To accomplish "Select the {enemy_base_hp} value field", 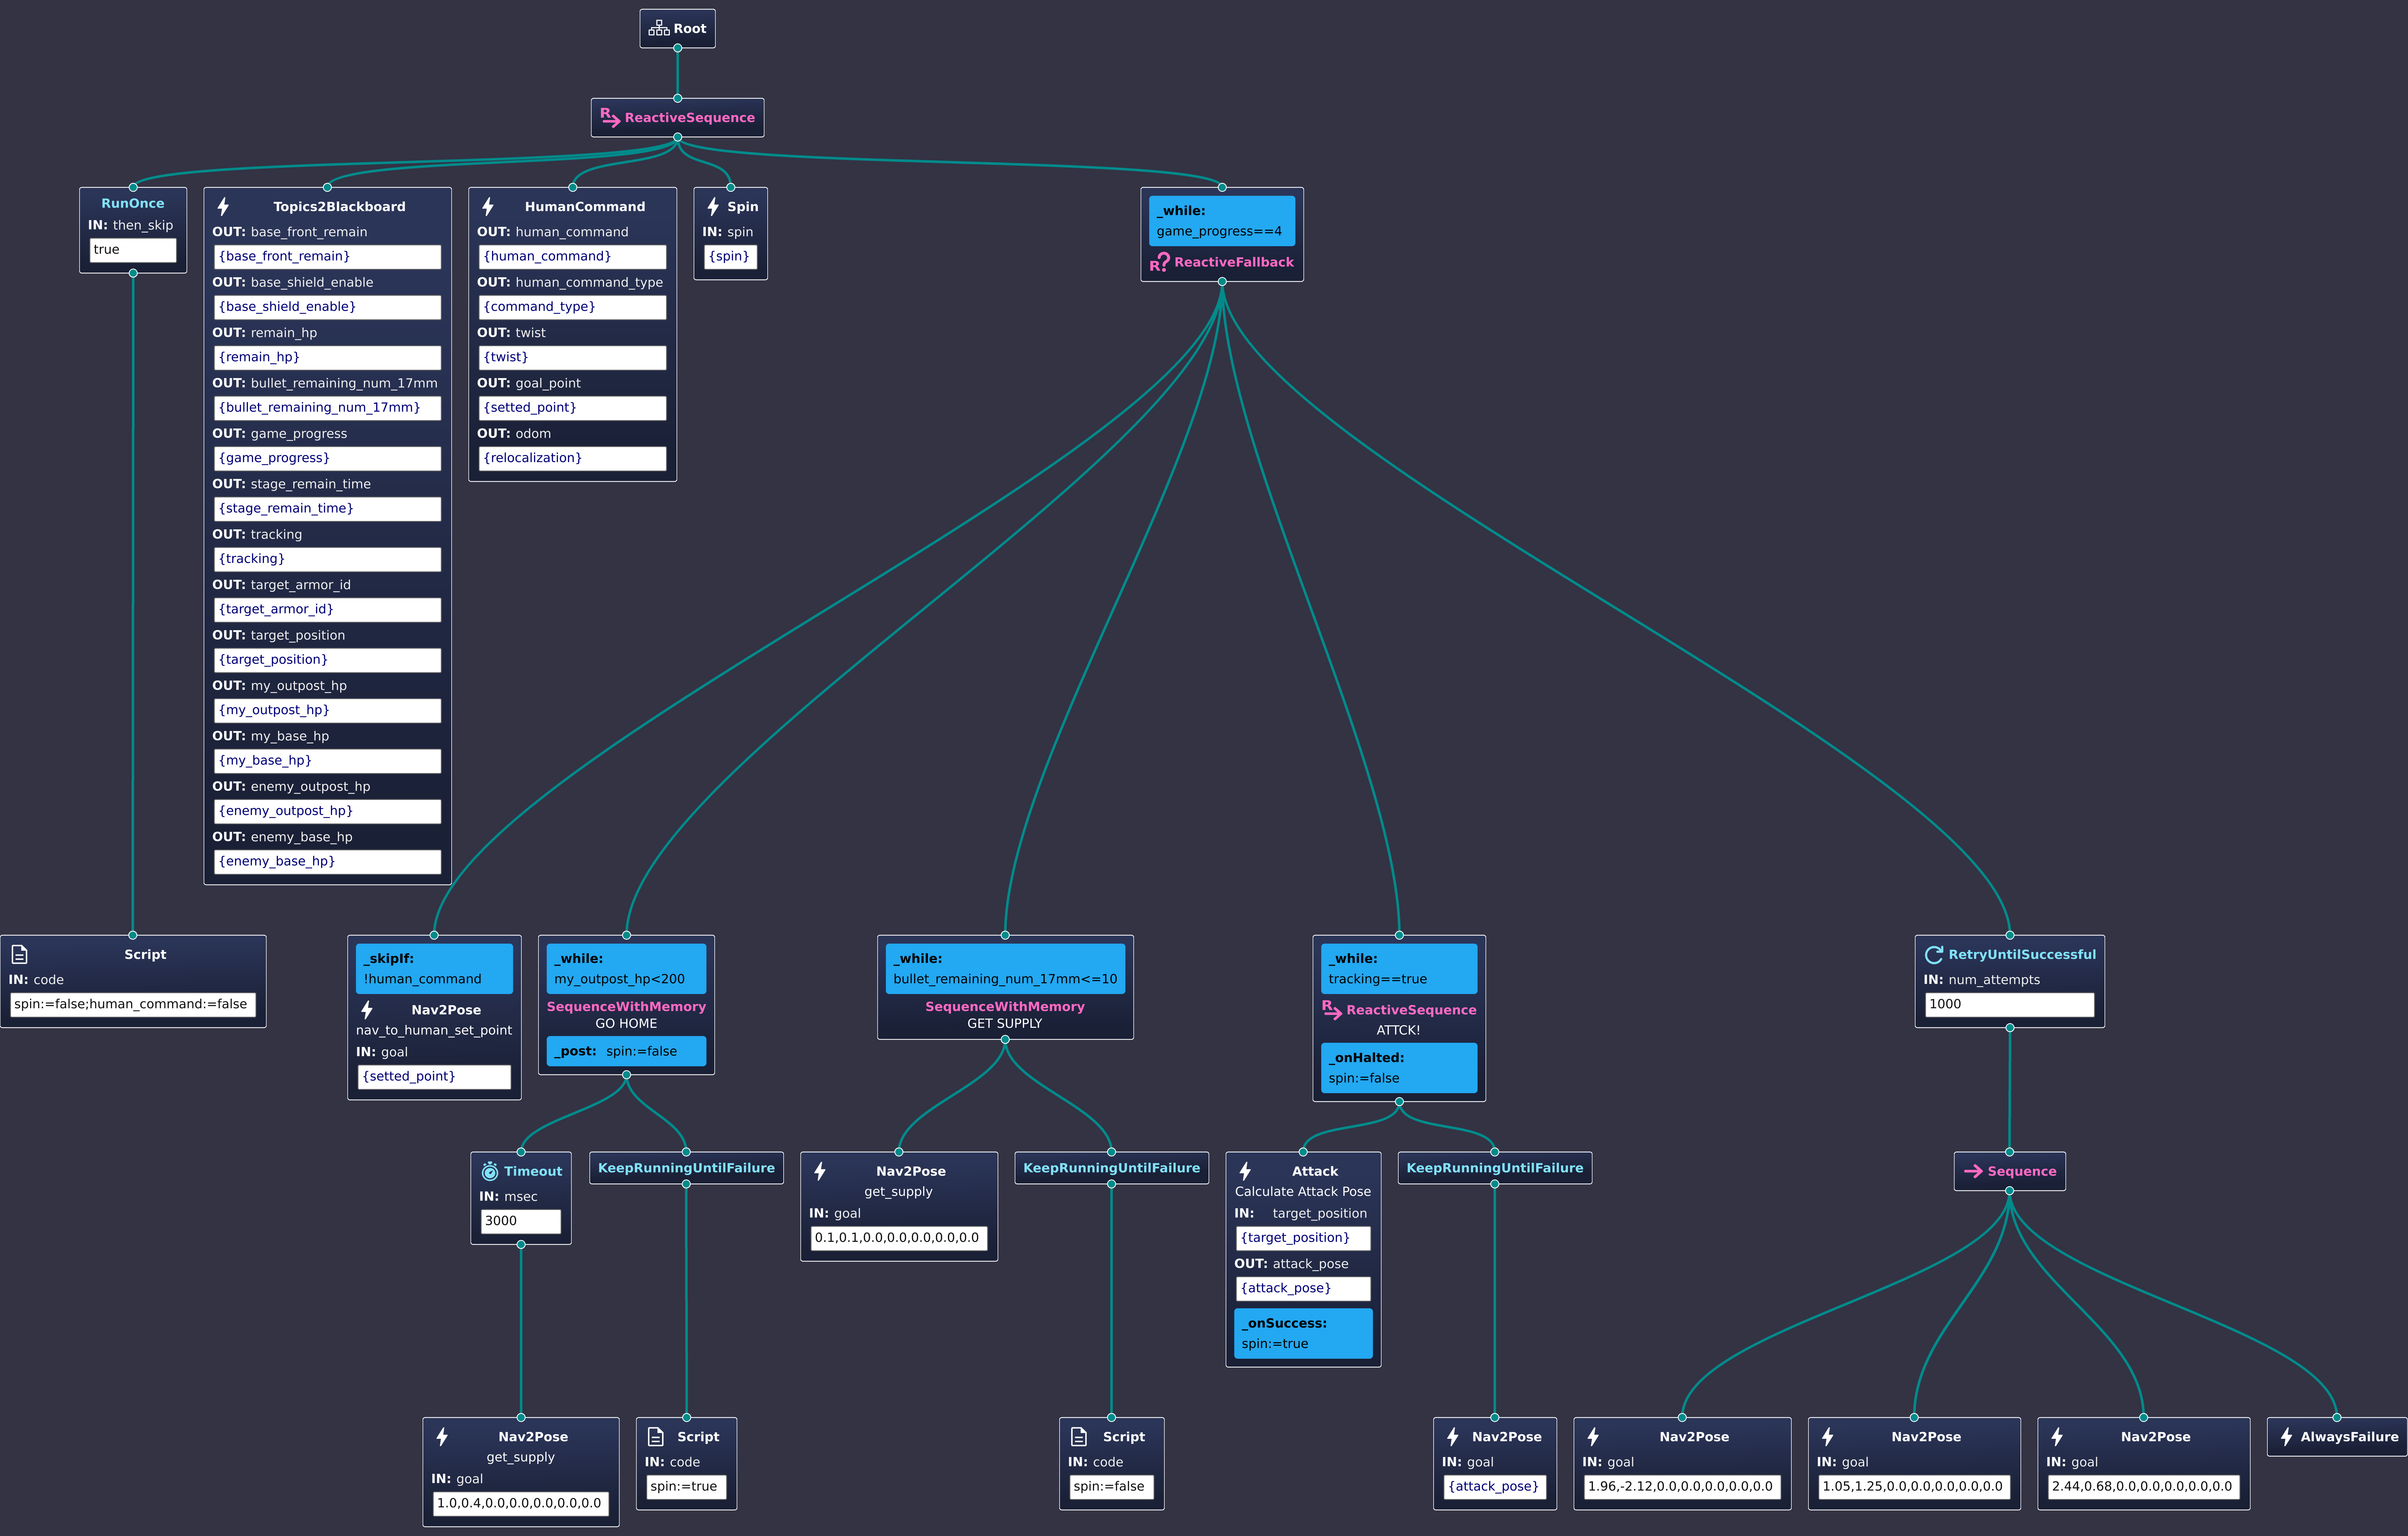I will coord(327,861).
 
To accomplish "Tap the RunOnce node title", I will coord(133,203).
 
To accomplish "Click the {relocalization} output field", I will coord(572,458).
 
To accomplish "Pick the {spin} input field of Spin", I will coord(730,256).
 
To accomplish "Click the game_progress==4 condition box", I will coord(1221,221).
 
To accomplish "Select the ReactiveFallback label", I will coord(1233,262).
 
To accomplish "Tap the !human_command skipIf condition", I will coord(434,969).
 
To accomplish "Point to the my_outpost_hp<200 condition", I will coord(626,969).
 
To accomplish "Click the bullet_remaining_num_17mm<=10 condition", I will coord(1005,969).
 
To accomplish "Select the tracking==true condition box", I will coord(1398,969).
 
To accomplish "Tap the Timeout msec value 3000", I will coord(520,1221).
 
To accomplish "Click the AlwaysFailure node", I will coord(2337,1437).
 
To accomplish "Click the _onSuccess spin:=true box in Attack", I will coord(1303,1333).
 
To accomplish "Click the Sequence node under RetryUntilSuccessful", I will coord(2010,1171).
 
